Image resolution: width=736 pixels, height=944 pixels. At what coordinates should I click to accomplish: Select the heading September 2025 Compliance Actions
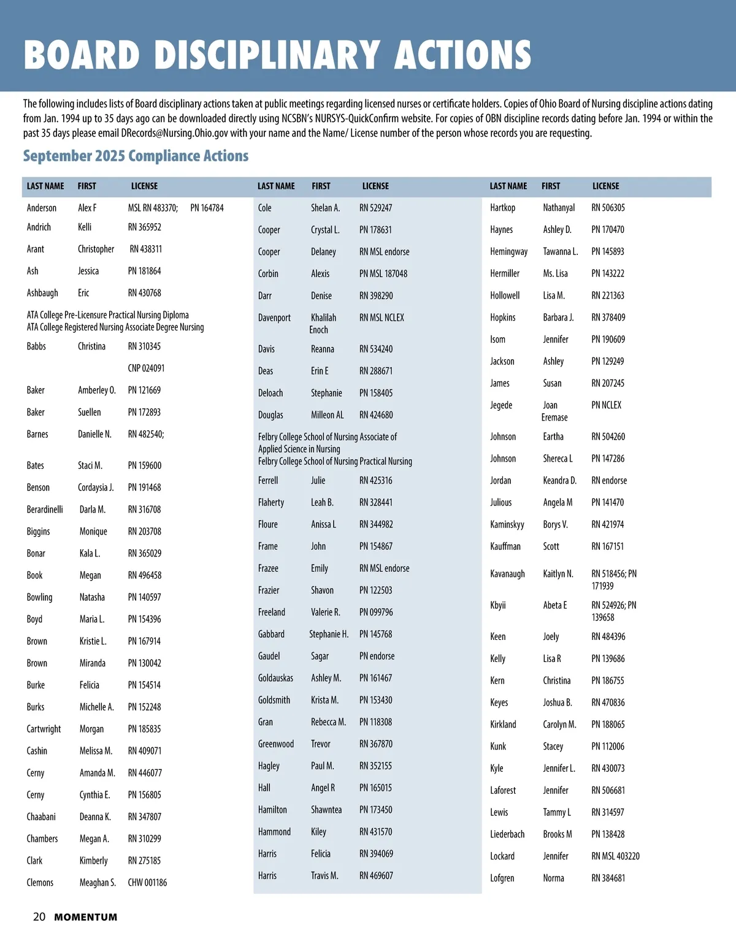136,156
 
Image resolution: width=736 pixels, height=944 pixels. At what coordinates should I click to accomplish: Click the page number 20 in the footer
39,916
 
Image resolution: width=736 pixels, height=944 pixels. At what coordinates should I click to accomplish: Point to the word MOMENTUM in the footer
85,917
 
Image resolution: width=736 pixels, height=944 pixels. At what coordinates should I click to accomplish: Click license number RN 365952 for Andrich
145,227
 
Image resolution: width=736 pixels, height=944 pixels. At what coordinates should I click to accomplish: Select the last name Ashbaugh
42,293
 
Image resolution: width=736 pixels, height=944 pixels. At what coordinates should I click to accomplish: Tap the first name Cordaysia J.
96,487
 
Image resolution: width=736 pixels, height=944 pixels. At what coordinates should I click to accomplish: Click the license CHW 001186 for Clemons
147,883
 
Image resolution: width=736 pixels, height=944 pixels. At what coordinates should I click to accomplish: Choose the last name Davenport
274,318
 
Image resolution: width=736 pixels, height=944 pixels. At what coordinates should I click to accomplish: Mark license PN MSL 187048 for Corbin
383,273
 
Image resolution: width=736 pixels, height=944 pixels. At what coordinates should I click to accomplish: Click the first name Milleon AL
328,415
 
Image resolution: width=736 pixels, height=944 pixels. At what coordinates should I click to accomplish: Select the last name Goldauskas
275,678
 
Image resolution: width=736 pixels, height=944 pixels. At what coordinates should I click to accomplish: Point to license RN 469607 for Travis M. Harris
376,875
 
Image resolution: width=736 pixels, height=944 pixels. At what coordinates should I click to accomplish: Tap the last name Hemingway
508,251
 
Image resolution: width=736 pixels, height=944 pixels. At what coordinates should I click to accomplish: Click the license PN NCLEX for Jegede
606,405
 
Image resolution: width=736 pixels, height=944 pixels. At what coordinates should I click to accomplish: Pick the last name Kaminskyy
507,524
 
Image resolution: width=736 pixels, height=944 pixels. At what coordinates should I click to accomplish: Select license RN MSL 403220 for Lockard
615,856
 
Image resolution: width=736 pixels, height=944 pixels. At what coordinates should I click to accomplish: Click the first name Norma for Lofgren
553,878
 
